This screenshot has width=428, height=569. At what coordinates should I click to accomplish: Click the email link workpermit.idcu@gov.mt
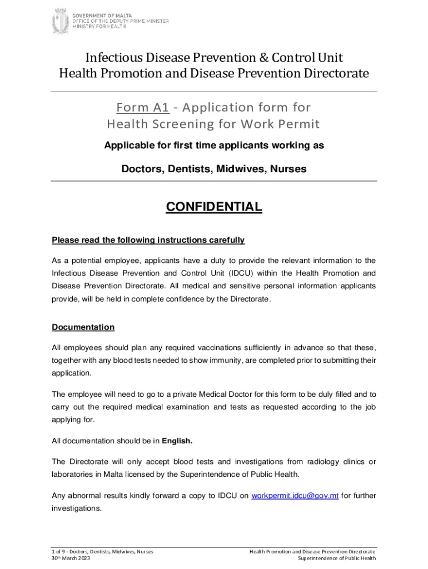coord(295,495)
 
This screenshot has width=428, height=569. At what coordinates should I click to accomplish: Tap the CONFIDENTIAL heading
coord(214,207)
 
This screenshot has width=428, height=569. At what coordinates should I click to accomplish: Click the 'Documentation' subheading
coord(83,327)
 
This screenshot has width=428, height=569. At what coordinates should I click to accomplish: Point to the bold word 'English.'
coord(177,441)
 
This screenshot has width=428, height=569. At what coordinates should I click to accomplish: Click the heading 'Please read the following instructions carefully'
coord(148,240)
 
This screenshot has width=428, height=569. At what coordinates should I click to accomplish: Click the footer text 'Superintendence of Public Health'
coord(337,558)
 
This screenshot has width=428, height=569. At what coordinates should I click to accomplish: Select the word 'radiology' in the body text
coord(322,462)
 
